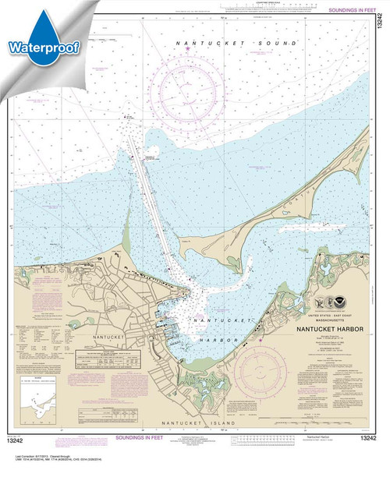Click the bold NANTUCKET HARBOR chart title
[x=342, y=330]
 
